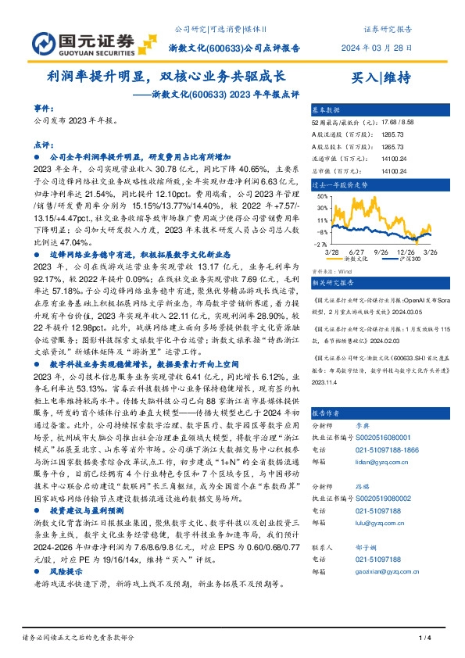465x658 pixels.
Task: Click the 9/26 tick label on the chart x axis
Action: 383,251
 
